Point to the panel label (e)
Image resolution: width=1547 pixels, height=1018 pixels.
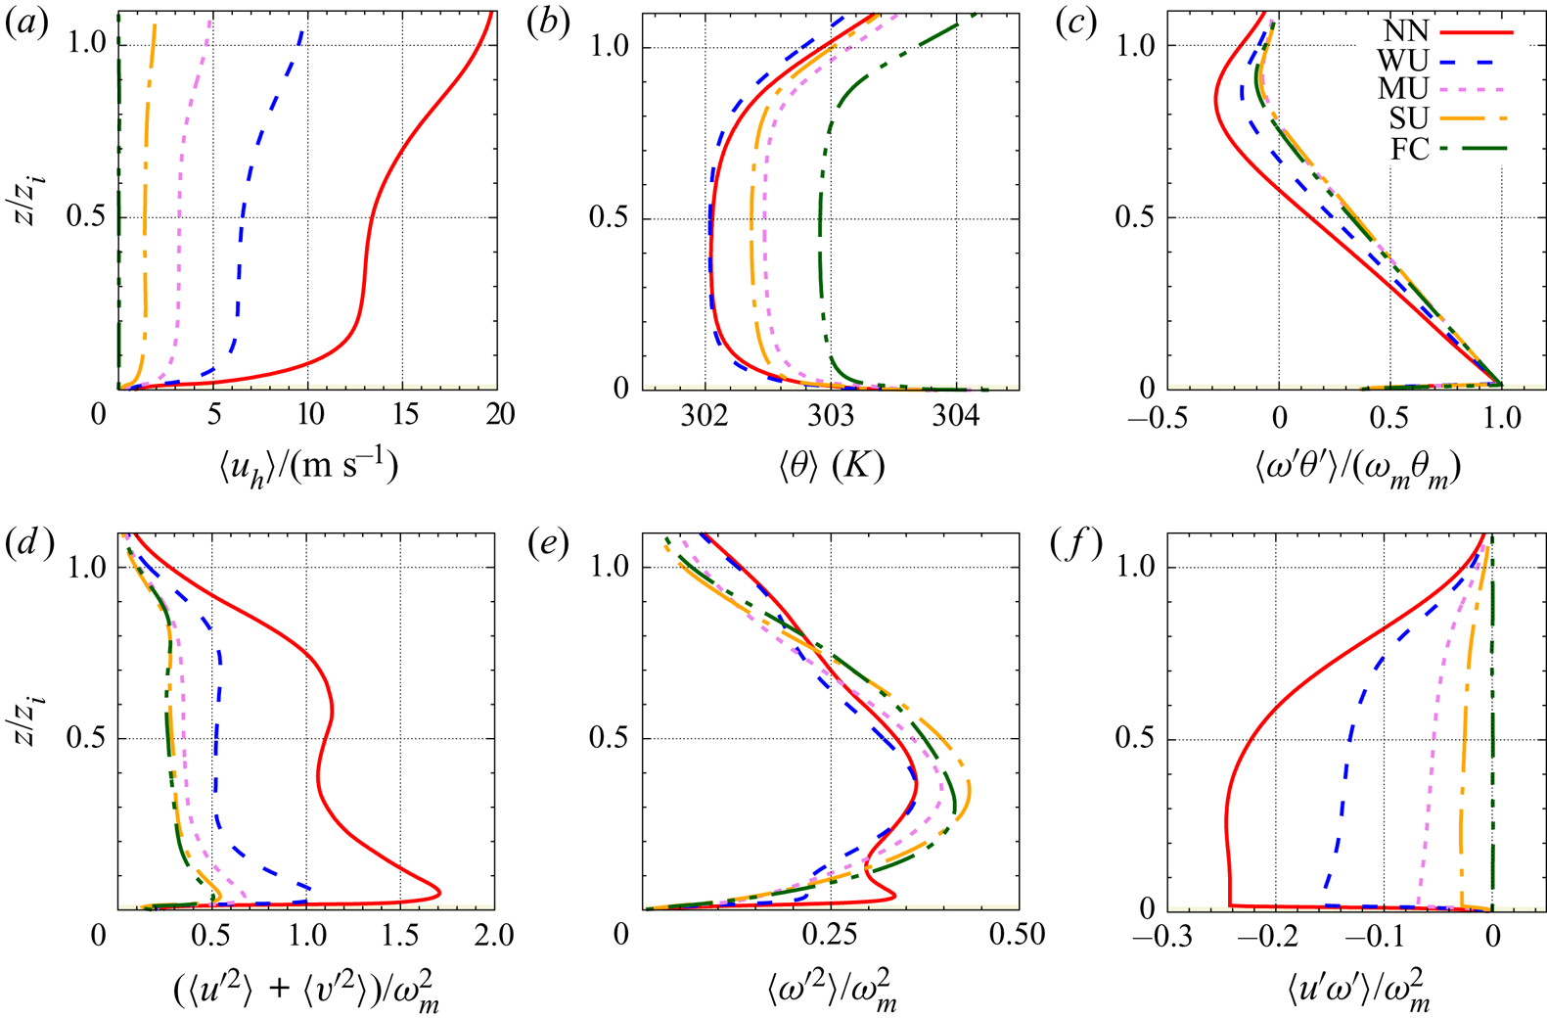point(548,544)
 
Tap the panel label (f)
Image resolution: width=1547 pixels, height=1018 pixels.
point(1076,544)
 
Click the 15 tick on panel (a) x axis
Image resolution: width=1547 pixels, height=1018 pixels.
point(404,415)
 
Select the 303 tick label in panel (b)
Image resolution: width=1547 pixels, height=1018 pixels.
point(831,415)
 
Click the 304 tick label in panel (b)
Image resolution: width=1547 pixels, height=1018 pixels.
point(956,415)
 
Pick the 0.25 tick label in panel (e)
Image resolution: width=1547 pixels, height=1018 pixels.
point(830,936)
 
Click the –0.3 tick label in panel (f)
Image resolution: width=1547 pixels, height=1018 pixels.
point(1158,938)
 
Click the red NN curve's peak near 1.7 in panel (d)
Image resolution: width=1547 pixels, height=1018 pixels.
point(437,892)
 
